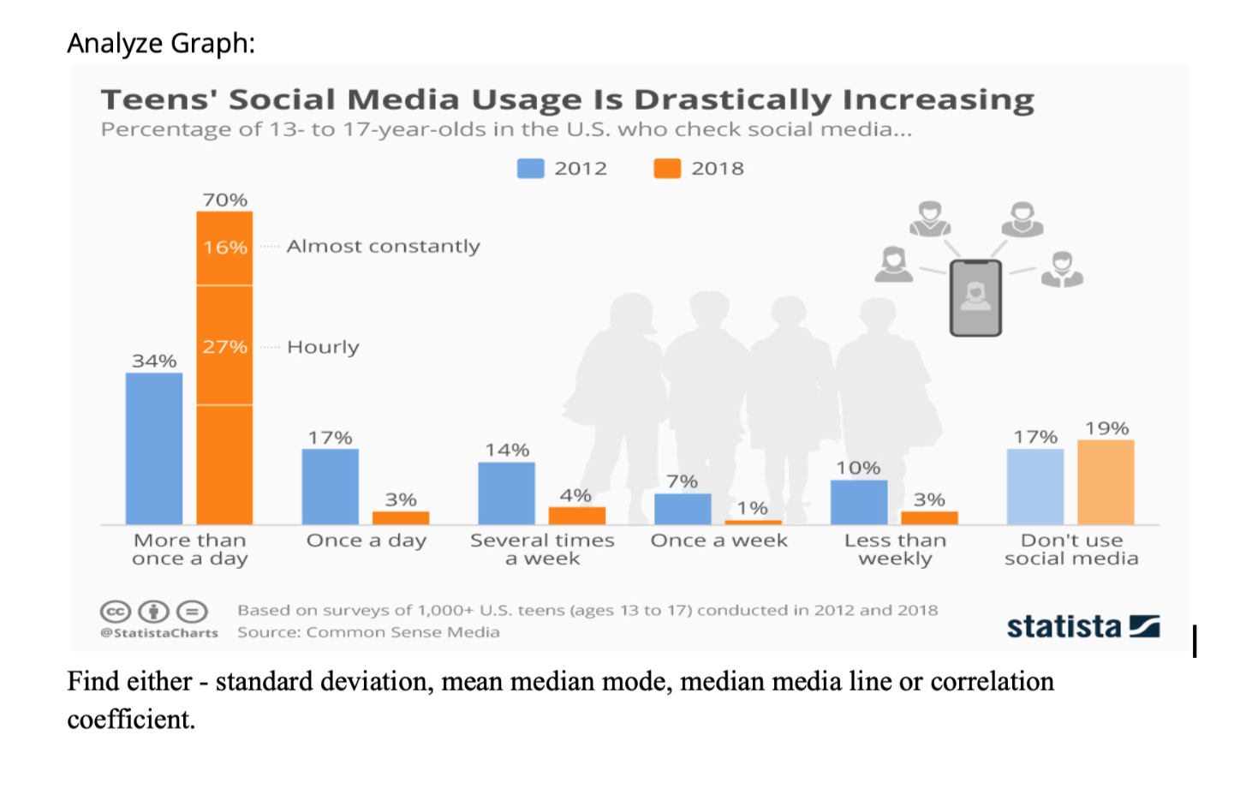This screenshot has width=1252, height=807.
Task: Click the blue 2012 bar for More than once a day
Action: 154,449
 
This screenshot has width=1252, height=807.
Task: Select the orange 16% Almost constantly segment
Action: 224,248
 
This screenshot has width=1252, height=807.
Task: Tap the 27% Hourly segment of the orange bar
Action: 224,345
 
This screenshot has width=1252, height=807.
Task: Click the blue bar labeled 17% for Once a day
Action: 331,487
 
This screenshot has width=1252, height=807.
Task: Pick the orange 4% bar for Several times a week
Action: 576,516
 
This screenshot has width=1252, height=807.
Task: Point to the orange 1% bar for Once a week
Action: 753,522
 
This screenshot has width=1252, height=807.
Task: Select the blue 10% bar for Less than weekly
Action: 859,502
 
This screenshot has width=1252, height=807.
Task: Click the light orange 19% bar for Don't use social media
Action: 1106,482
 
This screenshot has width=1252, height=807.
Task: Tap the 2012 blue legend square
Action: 531,169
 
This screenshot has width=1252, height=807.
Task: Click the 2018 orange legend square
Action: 667,169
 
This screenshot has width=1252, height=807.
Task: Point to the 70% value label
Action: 225,200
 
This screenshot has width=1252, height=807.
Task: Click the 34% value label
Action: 154,362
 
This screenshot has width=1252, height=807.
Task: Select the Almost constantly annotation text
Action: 383,247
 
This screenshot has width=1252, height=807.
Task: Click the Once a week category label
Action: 718,541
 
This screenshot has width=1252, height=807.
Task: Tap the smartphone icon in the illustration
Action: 975,298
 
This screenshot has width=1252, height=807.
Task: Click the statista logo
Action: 1082,627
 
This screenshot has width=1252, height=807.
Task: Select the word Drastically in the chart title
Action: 732,100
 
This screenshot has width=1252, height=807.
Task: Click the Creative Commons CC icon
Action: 116,612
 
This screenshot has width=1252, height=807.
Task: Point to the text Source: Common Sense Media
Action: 368,632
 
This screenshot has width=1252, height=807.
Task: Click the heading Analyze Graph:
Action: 161,43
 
